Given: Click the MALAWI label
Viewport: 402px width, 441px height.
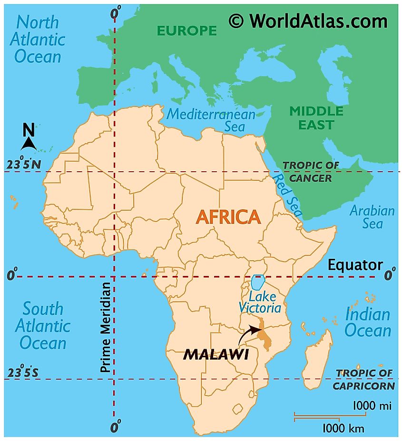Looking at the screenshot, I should (x=216, y=354).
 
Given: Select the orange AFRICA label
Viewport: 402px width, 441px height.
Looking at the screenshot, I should (x=228, y=217).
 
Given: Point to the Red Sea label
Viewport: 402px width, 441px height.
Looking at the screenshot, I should (x=287, y=195).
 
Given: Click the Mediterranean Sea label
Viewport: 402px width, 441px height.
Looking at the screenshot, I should (x=211, y=120).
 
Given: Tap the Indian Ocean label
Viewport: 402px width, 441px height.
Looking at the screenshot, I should (x=368, y=322).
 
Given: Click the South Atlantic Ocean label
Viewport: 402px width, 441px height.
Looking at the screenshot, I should (x=43, y=326).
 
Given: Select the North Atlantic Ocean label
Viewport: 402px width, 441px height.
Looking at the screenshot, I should (x=38, y=39).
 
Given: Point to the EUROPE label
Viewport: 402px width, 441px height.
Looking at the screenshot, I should (x=187, y=31).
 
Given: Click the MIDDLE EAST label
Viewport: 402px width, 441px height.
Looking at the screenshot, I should (x=316, y=118).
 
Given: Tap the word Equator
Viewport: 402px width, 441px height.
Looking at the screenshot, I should (x=355, y=265).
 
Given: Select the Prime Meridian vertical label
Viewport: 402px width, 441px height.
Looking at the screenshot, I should (x=106, y=327).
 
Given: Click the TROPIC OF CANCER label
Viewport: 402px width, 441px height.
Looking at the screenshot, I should (x=311, y=171).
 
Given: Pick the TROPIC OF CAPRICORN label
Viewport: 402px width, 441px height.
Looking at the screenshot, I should (x=364, y=379).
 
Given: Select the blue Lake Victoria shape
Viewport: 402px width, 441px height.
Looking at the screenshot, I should (x=258, y=282).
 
